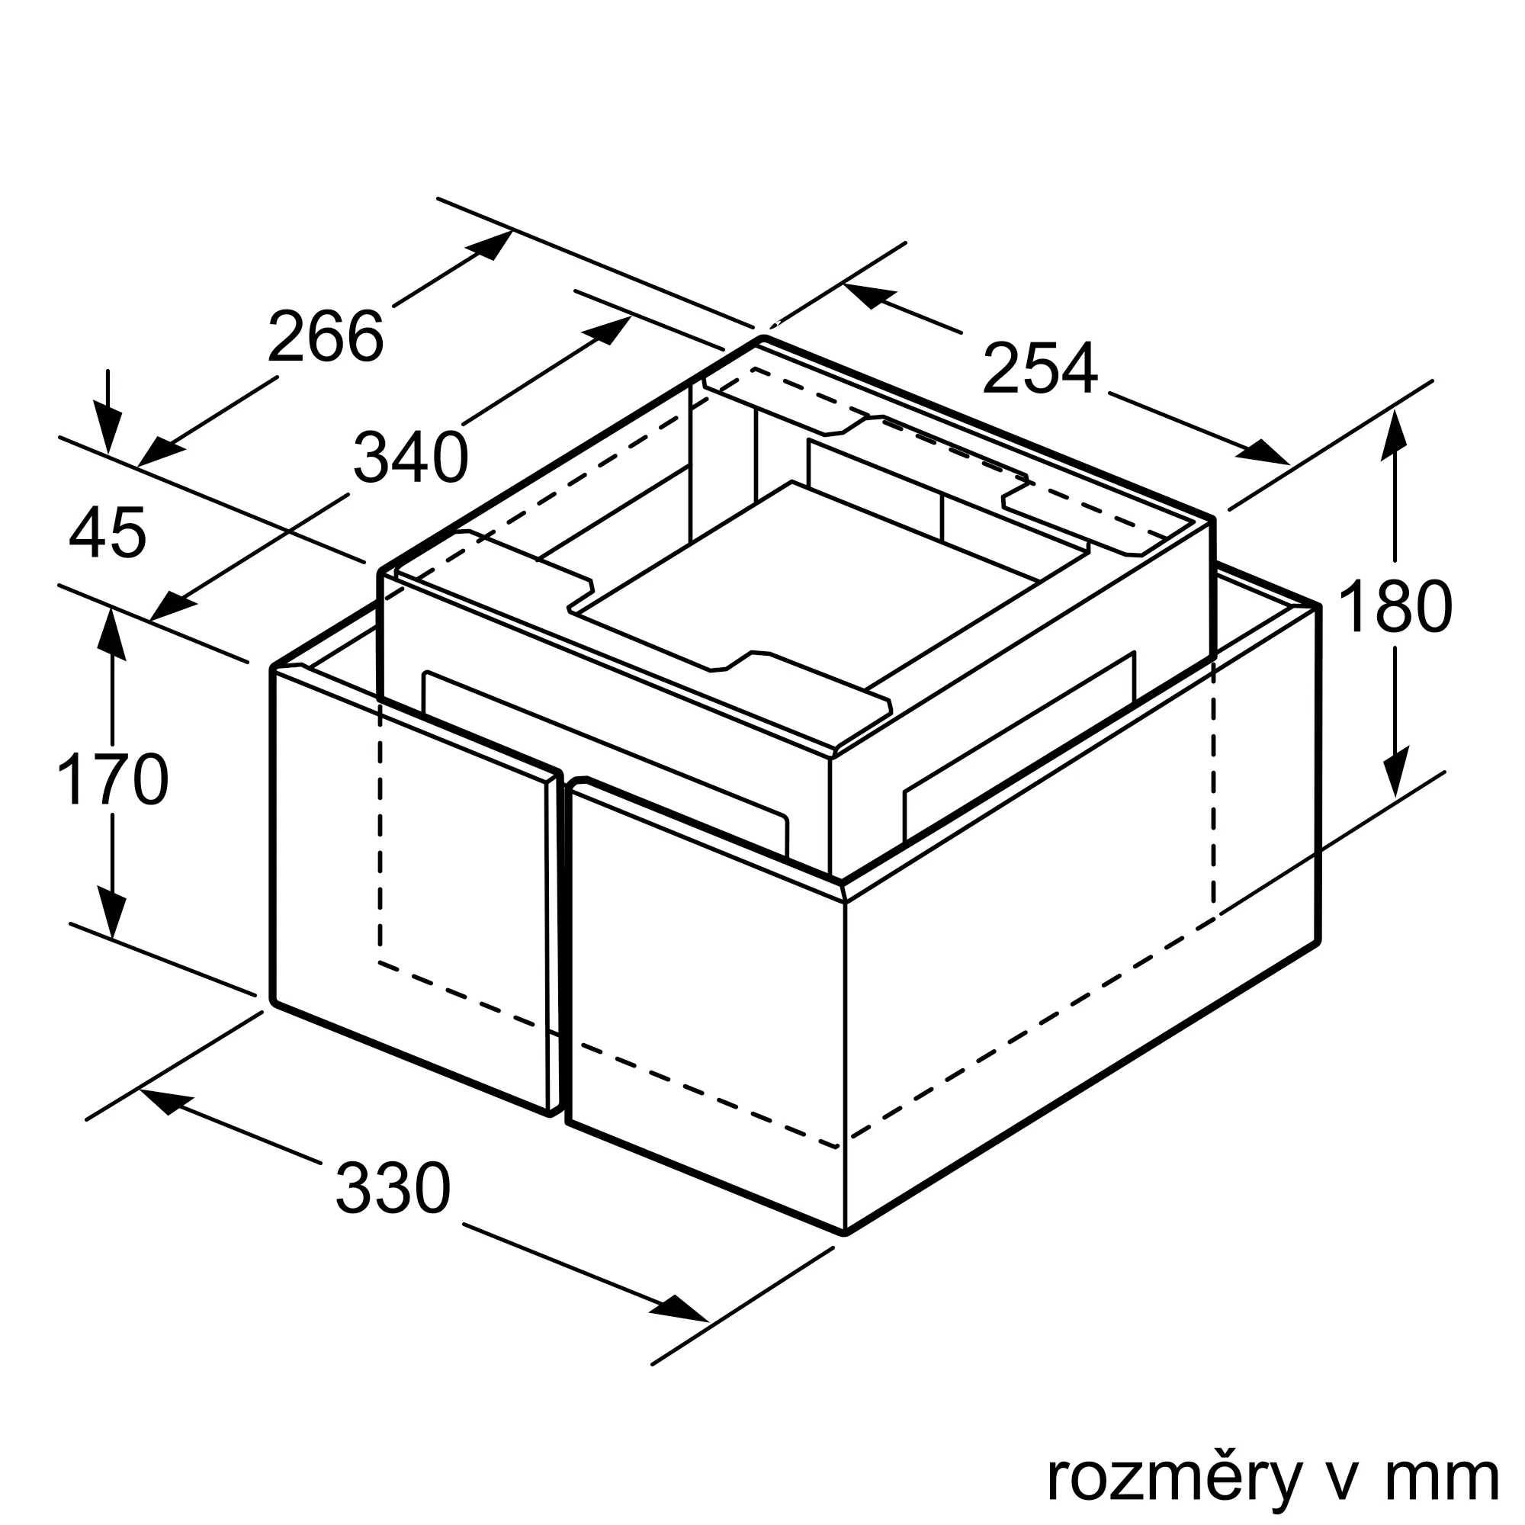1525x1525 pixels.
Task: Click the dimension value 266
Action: (x=326, y=337)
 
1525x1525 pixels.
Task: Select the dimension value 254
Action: (x=1039, y=368)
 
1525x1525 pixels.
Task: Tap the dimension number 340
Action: (x=410, y=457)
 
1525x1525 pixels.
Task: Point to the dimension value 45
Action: (x=108, y=534)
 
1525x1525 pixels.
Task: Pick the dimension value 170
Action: (x=113, y=780)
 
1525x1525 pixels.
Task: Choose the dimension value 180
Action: (x=1395, y=607)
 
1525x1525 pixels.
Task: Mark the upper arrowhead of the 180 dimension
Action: (x=1395, y=435)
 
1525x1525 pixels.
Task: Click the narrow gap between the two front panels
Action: (x=562, y=947)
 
